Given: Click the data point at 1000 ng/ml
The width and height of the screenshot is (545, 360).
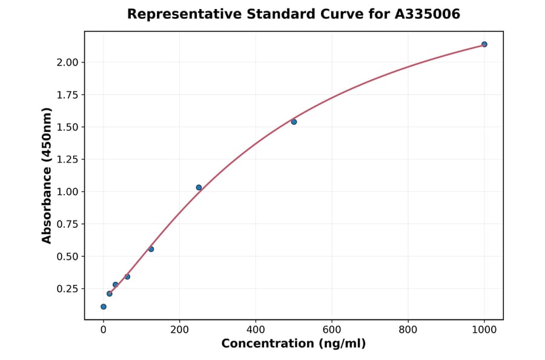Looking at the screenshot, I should point(484,44).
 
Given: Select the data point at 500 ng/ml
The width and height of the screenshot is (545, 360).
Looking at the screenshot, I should point(294,122).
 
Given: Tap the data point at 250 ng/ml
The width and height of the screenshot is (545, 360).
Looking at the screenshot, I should point(199,187).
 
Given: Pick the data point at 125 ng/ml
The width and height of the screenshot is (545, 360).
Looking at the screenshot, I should point(151,249).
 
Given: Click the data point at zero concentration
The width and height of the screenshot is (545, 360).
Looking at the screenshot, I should point(104,307).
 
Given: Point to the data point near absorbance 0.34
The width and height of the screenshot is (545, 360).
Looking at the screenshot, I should point(127,276).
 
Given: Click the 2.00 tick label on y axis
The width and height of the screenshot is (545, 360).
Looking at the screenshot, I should point(67,62).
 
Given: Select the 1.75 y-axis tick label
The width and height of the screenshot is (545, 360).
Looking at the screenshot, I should point(67,95).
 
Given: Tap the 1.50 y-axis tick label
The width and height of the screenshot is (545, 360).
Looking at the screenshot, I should point(67,127).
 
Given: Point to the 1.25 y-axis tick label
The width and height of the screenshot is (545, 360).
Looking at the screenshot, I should point(67,159).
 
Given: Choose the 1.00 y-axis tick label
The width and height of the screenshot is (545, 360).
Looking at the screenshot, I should point(67,192).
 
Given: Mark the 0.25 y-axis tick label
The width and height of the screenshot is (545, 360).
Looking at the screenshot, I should point(67,288).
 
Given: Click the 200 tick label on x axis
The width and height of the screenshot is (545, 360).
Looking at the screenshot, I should point(179,330).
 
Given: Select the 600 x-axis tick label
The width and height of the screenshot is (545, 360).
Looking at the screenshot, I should point(332,330).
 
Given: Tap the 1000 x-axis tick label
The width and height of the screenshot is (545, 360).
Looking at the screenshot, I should point(484,330).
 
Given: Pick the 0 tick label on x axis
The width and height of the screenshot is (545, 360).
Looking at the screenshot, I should point(104,330).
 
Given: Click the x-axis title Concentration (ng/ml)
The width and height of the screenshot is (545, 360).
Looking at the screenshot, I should point(294,344).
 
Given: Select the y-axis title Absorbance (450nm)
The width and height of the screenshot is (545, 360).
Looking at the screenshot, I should point(47,176).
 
